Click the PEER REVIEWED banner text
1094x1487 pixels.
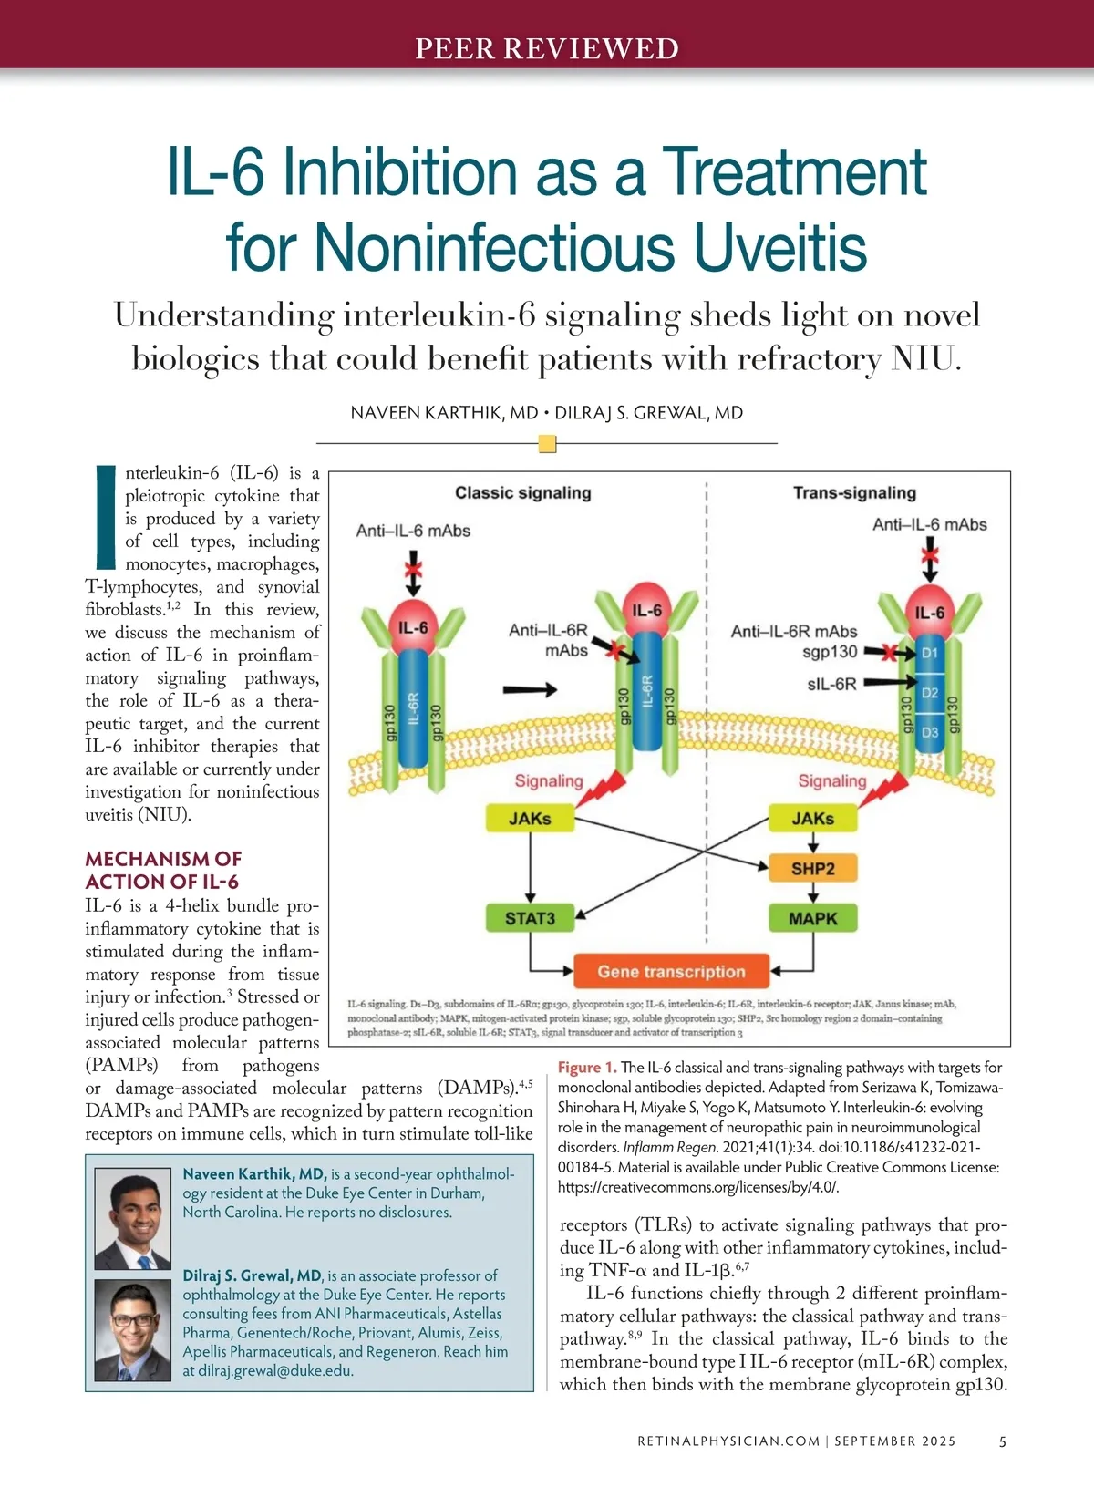[x=547, y=48]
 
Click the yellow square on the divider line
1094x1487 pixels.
[x=547, y=444]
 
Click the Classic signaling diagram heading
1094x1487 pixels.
[x=523, y=493]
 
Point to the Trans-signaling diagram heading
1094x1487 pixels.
[x=854, y=493]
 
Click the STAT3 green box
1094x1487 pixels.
[x=530, y=918]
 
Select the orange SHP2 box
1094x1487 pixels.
[x=812, y=869]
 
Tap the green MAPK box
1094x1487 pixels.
[x=812, y=919]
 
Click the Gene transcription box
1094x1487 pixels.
[x=671, y=972]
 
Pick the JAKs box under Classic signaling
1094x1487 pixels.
[x=530, y=819]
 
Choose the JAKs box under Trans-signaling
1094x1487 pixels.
[x=812, y=819]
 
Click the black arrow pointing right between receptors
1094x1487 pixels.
[x=530, y=689]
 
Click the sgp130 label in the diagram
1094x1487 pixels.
[x=830, y=652]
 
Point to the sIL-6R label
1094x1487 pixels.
[x=831, y=684]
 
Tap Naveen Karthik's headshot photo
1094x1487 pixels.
[x=133, y=1222]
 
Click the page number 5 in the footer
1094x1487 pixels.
[x=1003, y=1441]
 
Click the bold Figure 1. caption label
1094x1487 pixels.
[x=587, y=1068]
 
